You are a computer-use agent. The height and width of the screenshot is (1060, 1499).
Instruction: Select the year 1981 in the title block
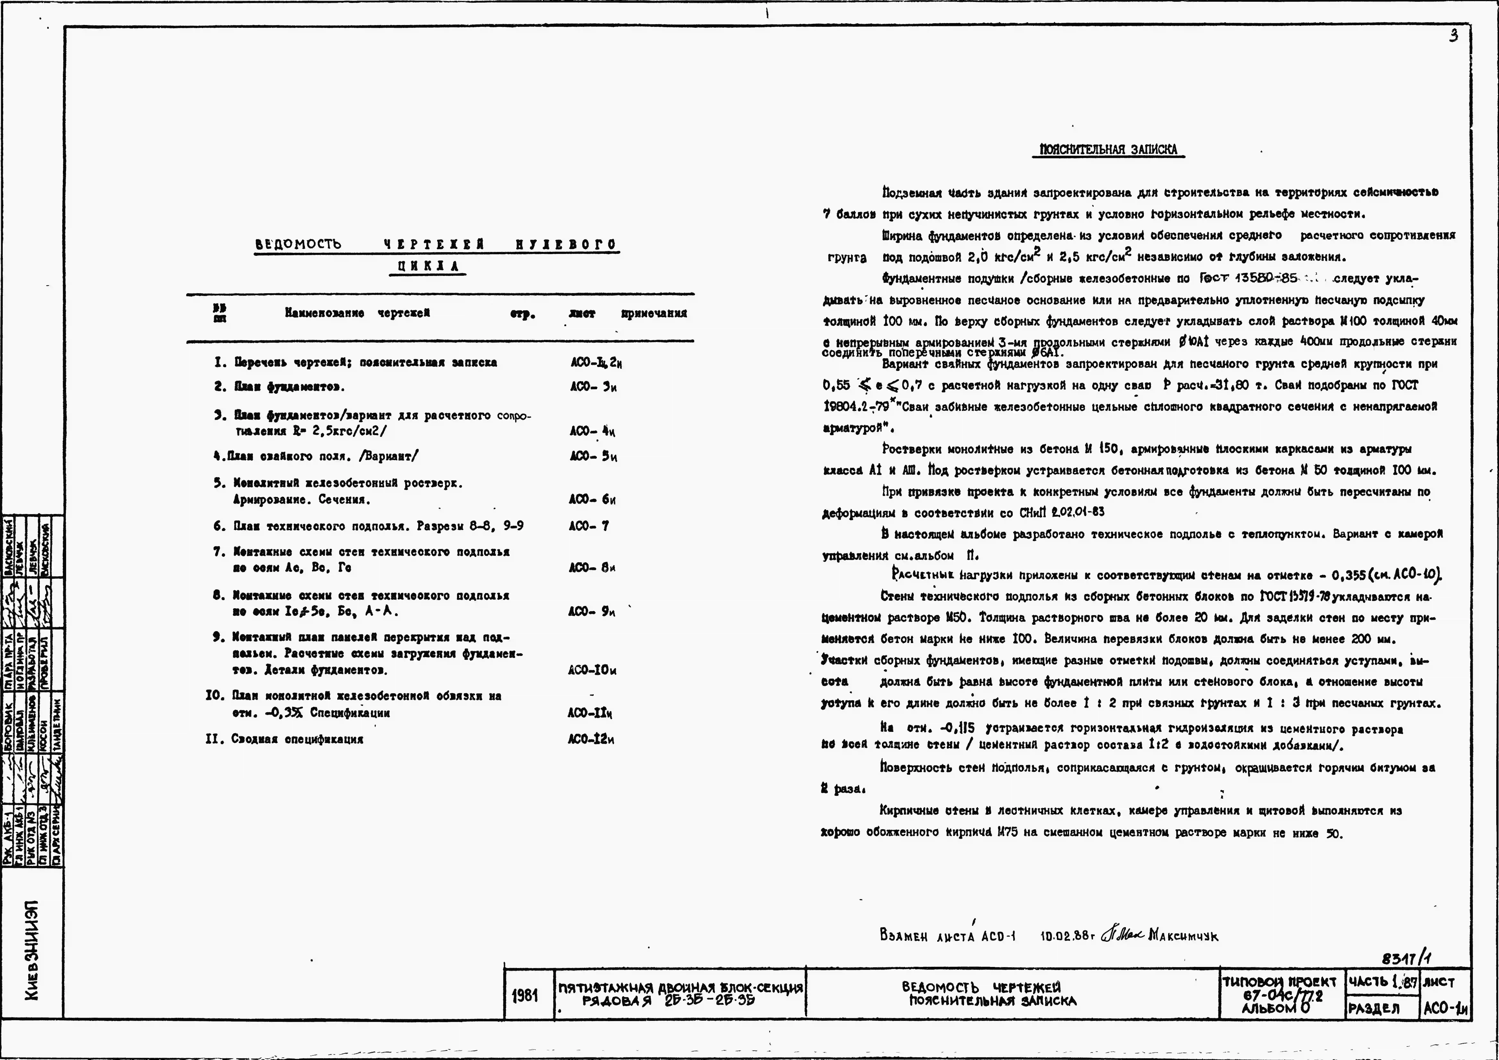526,995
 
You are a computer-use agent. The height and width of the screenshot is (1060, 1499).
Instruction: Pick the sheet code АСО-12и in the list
591,739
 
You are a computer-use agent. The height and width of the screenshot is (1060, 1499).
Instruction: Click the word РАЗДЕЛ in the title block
1374,1009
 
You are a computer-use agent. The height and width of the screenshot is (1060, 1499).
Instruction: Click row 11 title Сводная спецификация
297,739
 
